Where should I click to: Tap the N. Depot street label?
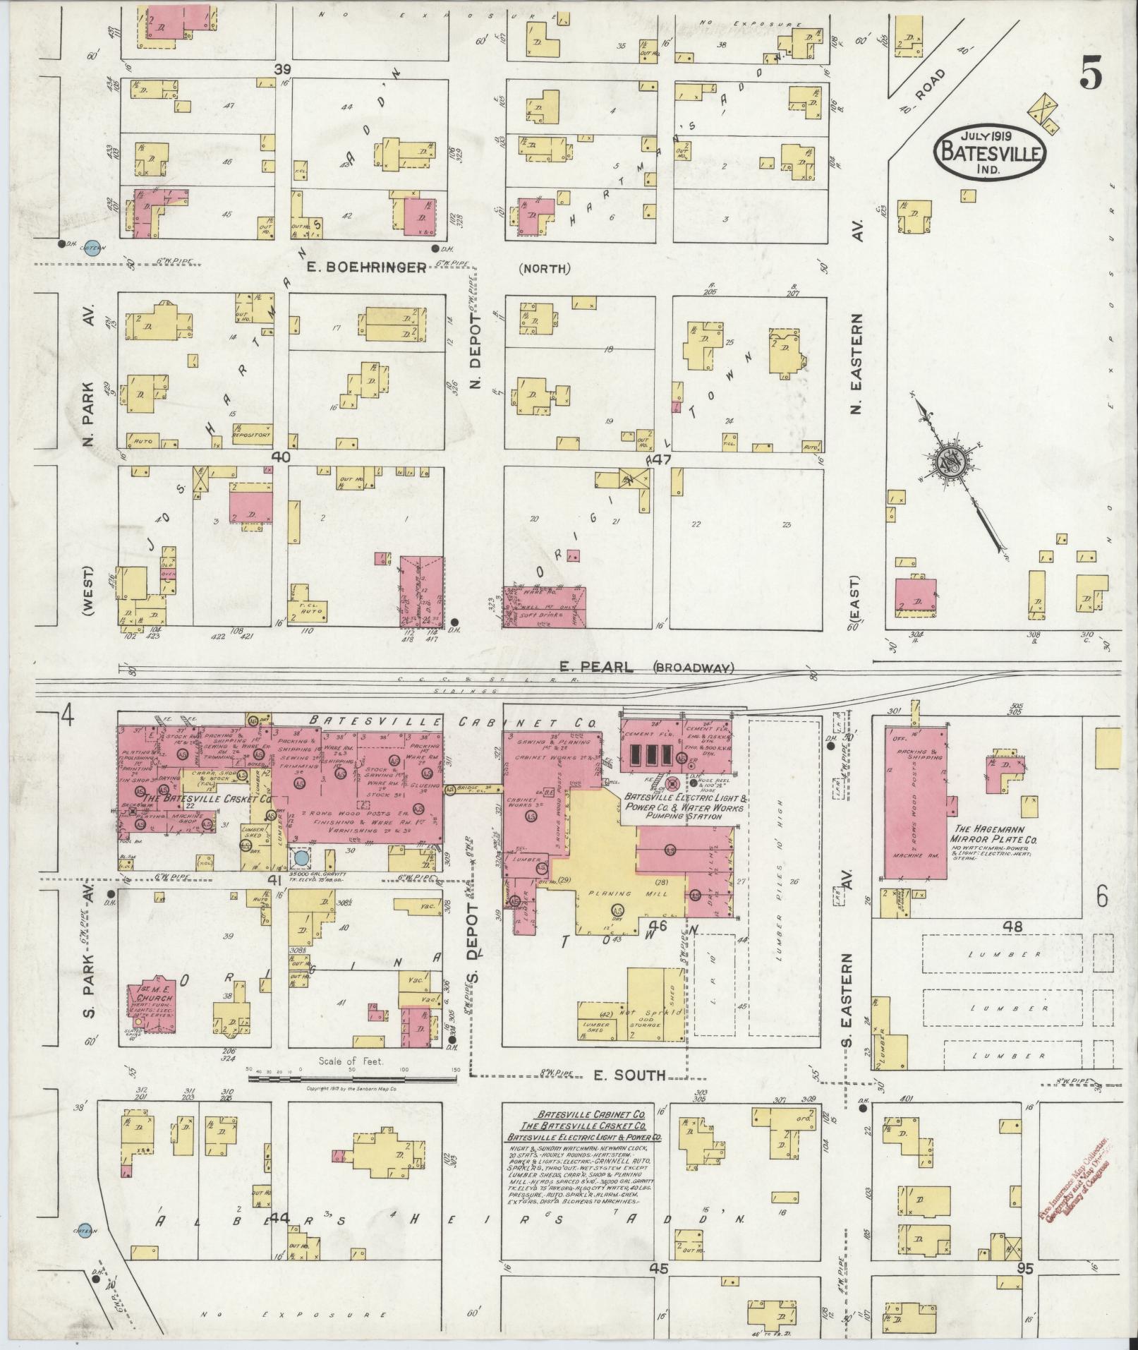point(475,351)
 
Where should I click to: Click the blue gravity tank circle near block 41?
point(301,857)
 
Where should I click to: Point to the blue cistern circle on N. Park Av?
point(92,246)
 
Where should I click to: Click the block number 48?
point(1012,927)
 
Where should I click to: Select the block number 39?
point(283,69)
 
